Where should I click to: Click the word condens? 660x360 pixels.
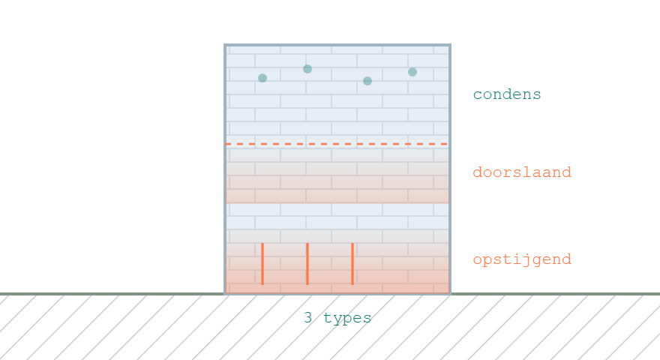point(507,94)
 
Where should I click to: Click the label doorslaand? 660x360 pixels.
point(522,172)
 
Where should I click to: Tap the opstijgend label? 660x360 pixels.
point(522,259)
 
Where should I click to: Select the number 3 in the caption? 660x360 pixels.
point(307,317)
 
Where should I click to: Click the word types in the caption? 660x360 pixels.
point(347,318)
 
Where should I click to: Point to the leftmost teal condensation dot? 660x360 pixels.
point(262,78)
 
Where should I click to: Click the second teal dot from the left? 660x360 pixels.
point(307,69)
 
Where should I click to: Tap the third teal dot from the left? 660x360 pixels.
point(367,81)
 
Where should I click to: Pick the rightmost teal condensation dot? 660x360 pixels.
point(412,72)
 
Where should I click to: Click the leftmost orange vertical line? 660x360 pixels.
point(262,264)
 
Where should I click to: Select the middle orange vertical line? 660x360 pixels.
point(307,264)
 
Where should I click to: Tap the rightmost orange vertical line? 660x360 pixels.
point(352,264)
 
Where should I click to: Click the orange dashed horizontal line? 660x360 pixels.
point(337,144)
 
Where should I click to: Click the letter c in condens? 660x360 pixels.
point(477,94)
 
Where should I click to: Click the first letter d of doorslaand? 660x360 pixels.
point(477,172)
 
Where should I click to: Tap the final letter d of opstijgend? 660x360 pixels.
point(566,259)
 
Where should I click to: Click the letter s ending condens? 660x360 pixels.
point(537,94)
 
